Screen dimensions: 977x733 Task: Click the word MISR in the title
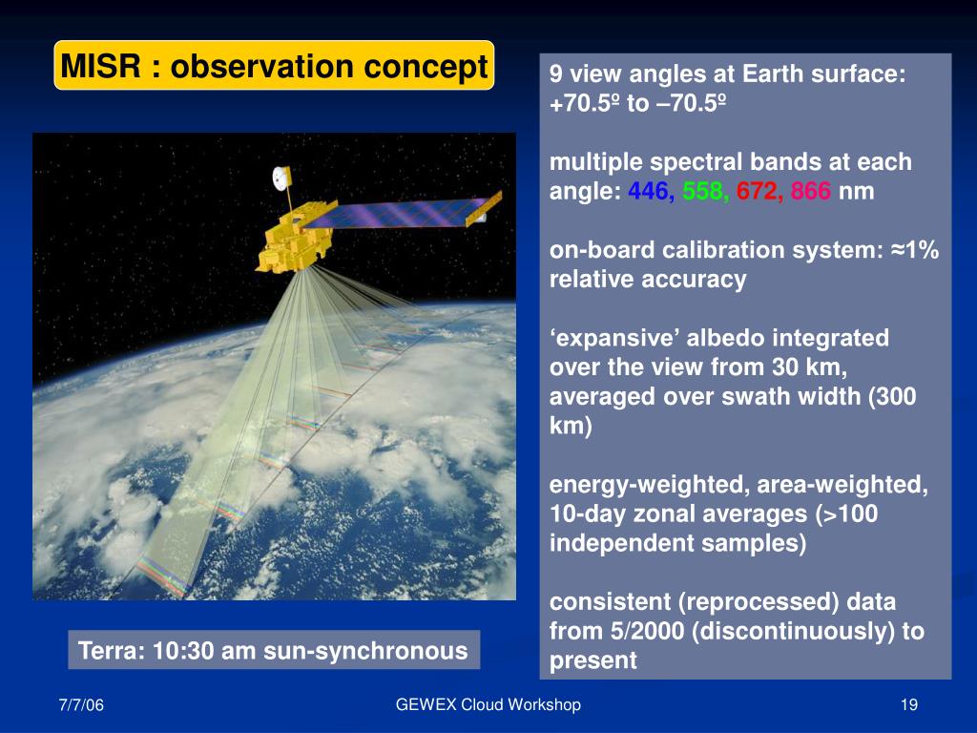(x=100, y=66)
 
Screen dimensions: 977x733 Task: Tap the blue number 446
(x=649, y=191)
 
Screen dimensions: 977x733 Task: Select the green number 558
(x=703, y=191)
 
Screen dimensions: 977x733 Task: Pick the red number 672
(x=757, y=191)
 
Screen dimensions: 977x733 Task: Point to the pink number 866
(x=811, y=191)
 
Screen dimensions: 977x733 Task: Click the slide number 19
(x=909, y=705)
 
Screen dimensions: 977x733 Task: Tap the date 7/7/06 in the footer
(x=81, y=705)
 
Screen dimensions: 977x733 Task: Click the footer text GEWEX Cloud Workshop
(x=488, y=705)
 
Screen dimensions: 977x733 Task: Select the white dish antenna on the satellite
(x=281, y=178)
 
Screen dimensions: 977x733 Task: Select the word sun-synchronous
(x=365, y=651)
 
